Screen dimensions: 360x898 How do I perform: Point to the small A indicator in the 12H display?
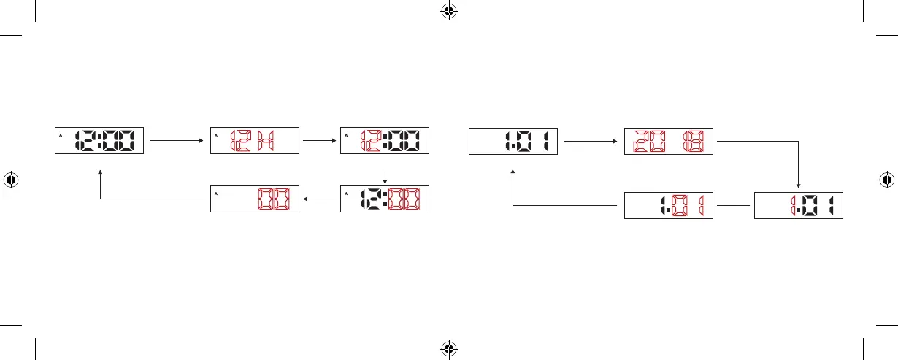[x=217, y=135]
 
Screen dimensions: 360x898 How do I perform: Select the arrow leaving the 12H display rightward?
[x=319, y=139]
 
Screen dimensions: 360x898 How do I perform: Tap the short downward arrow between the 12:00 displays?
[x=385, y=177]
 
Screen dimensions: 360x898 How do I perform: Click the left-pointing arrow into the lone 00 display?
[x=319, y=198]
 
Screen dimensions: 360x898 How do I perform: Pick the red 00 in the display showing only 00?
[x=272, y=200]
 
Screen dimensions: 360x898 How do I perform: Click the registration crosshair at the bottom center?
[x=449, y=349]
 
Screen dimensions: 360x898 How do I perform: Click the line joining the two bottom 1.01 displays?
[x=733, y=205]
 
